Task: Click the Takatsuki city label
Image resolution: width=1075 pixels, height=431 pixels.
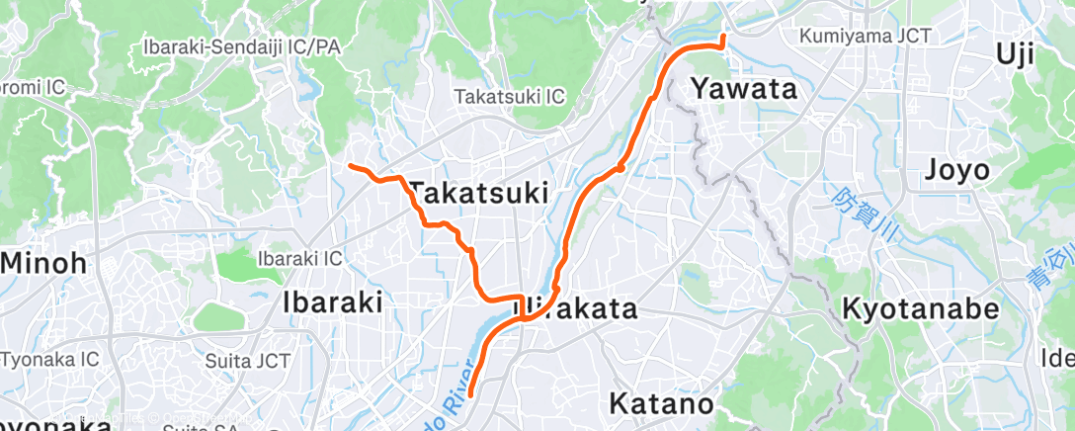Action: [478, 192]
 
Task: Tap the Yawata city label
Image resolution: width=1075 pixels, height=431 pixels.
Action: [743, 89]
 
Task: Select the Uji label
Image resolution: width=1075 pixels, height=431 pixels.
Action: [1029, 55]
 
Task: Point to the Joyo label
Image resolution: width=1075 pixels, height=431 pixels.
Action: [956, 171]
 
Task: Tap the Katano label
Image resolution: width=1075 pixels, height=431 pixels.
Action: [661, 403]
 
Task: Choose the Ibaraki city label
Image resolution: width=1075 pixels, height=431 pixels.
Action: [333, 302]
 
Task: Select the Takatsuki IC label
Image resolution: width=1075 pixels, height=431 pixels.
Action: [509, 97]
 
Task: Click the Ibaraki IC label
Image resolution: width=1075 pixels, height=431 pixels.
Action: [299, 258]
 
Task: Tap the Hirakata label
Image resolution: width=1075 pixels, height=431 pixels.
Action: [578, 309]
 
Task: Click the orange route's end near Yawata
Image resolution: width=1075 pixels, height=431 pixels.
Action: [723, 37]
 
